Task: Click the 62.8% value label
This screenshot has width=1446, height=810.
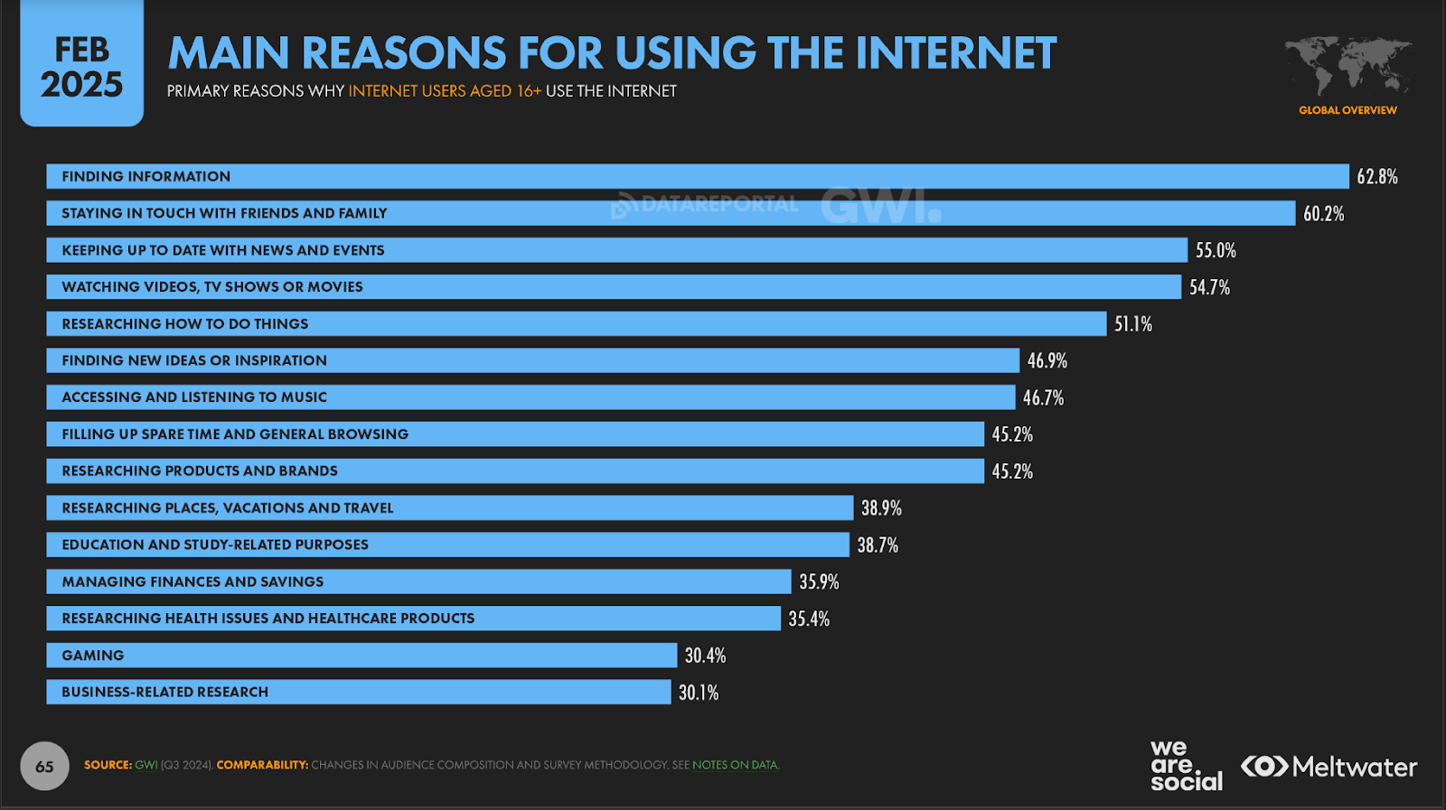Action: (x=1376, y=177)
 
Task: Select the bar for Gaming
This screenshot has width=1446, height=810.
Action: (x=361, y=656)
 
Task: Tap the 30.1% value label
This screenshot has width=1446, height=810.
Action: (x=699, y=693)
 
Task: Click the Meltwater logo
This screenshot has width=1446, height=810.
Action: (x=1329, y=767)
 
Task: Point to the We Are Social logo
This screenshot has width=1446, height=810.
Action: (x=1186, y=767)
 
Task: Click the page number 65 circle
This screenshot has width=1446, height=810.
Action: (x=44, y=767)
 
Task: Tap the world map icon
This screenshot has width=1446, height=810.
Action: (x=1347, y=65)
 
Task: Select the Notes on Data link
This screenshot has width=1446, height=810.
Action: (x=736, y=765)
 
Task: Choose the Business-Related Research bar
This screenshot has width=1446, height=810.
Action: (x=358, y=693)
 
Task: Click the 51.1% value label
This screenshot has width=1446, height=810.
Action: (x=1133, y=324)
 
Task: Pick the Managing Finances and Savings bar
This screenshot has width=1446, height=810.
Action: (x=418, y=582)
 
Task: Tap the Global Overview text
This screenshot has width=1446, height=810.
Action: (x=1347, y=110)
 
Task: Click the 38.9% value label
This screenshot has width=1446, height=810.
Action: (x=881, y=508)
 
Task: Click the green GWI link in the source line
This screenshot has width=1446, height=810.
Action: (x=146, y=765)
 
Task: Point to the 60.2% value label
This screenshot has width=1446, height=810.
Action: (x=1323, y=214)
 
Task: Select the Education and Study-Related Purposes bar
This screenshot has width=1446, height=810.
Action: (x=447, y=545)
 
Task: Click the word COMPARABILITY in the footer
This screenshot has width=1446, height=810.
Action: (x=262, y=765)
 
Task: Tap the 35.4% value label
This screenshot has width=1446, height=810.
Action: (x=809, y=619)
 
